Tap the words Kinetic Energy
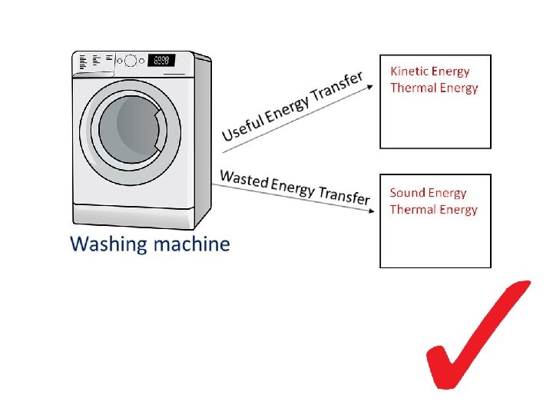point(430,71)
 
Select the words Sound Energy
point(428,193)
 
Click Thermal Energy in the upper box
point(434,88)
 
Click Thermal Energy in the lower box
point(433,210)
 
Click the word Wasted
point(244,178)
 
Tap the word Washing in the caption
point(108,244)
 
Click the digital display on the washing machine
point(161,61)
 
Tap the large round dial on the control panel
point(130,61)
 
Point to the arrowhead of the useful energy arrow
point(370,86)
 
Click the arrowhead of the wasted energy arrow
point(371,211)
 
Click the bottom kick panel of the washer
point(134,216)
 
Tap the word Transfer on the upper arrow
point(337,88)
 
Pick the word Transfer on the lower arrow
point(345,195)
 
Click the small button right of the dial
point(142,61)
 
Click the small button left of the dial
point(120,61)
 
